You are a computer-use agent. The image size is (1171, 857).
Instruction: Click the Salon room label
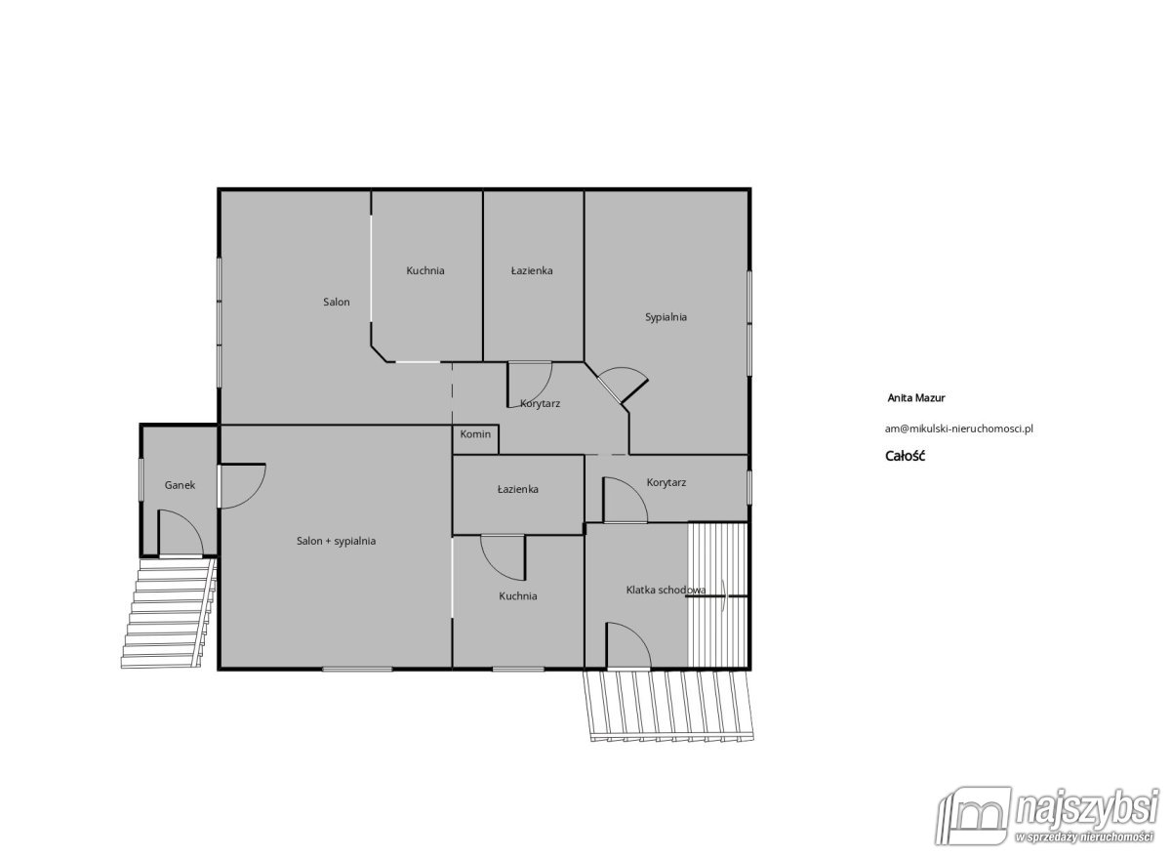coord(336,302)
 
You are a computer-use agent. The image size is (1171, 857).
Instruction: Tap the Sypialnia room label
coord(666,317)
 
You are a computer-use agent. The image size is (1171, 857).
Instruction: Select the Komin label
coord(475,434)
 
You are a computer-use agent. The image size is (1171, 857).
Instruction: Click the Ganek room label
coord(180,485)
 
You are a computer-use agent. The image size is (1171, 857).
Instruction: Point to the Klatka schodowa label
coord(666,590)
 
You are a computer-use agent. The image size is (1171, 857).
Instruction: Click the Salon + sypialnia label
coord(336,541)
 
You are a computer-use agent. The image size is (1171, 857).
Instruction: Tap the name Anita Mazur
coord(916,398)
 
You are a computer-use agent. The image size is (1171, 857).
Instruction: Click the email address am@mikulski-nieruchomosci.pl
coord(958,428)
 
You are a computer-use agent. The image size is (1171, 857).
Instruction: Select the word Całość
coord(905,456)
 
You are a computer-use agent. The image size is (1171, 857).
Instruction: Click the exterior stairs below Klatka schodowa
coord(668,707)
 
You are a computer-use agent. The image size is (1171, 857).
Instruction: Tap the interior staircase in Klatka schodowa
coord(718,595)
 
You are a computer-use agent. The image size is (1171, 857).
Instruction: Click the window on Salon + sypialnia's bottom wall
coord(357,669)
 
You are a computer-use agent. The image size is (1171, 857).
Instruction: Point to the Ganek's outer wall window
coord(141,480)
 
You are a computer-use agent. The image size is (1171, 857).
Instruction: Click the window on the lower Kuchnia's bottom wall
coord(518,669)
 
